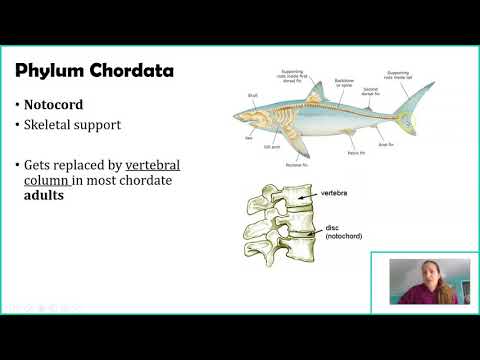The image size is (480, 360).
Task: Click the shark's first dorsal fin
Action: pyautogui.click(x=318, y=94)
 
